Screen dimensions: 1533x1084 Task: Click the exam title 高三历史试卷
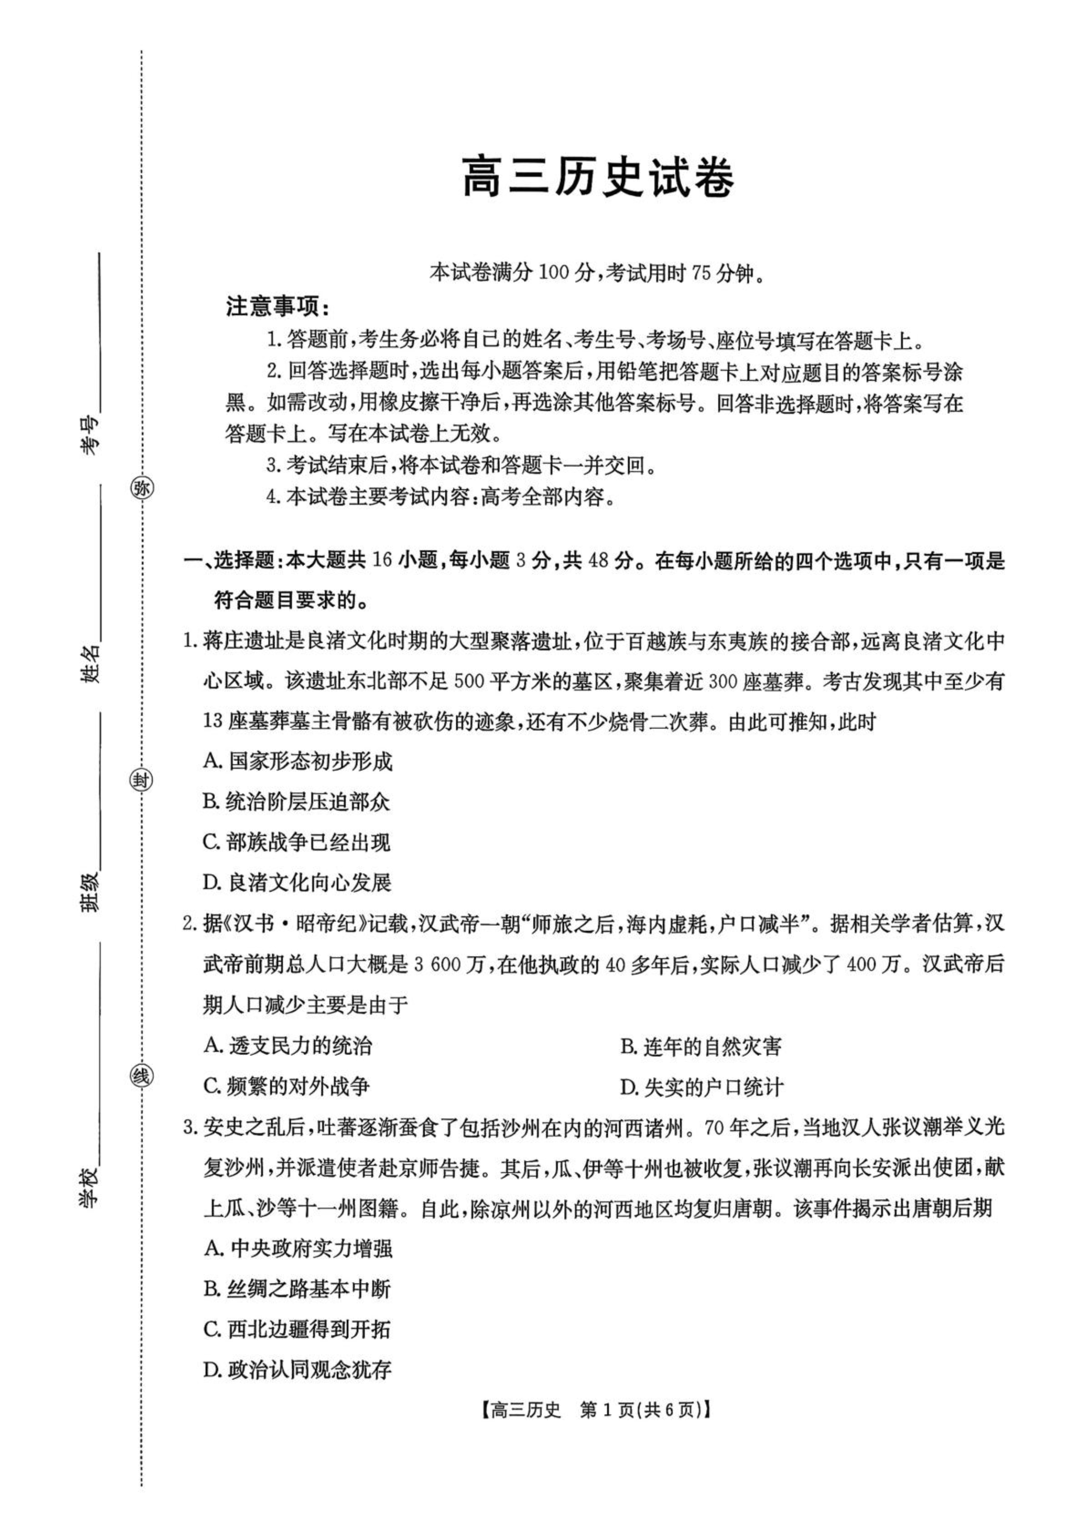coord(599,177)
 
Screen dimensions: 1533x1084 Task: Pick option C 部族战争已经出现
coord(297,843)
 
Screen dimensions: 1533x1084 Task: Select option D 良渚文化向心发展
coord(298,883)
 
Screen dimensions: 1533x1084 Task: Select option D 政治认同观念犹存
coord(298,1370)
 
